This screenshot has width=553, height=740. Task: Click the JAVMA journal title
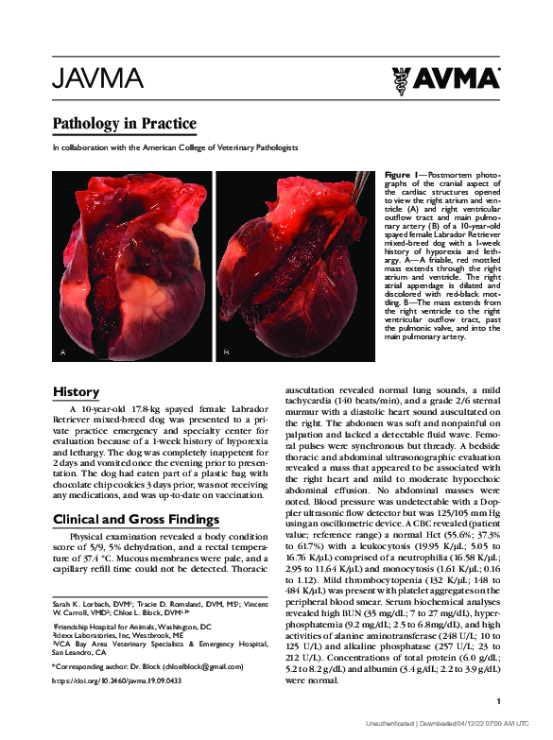click(x=97, y=77)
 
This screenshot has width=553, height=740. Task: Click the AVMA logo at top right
click(x=445, y=80)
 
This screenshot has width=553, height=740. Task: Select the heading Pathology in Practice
click(x=124, y=123)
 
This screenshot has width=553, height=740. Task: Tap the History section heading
click(x=76, y=391)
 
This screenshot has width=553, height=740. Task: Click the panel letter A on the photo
click(x=62, y=352)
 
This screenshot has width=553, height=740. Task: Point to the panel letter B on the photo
click(x=226, y=352)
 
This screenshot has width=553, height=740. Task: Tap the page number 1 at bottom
click(x=497, y=700)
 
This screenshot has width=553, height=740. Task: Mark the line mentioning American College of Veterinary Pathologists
click(x=175, y=147)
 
